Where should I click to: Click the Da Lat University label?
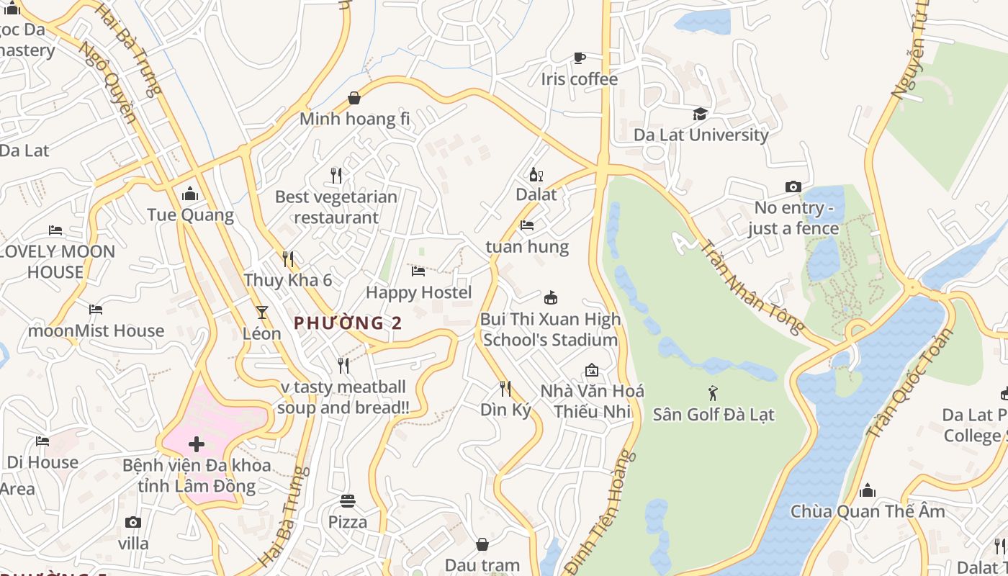click(x=701, y=135)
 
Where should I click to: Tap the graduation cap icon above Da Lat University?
click(x=700, y=114)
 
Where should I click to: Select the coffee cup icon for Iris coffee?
click(x=579, y=58)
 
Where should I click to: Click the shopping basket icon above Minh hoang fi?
click(x=354, y=97)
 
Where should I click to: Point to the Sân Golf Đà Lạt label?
click(x=714, y=414)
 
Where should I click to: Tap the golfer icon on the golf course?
click(x=714, y=393)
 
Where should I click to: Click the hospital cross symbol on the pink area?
click(x=197, y=444)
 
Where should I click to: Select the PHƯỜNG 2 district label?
click(x=348, y=323)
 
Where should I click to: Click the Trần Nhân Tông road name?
click(x=752, y=287)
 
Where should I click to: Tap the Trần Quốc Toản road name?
click(x=908, y=384)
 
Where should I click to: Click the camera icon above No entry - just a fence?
click(x=793, y=187)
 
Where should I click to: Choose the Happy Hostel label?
click(x=419, y=292)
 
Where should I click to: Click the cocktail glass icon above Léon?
click(x=261, y=312)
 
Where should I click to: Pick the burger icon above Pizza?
click(x=348, y=500)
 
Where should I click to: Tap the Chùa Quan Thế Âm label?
click(x=868, y=511)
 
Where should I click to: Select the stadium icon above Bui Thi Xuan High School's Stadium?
click(x=551, y=297)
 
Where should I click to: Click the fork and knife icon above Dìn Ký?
click(x=505, y=389)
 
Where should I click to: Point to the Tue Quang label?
click(x=191, y=215)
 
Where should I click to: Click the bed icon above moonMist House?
click(x=96, y=310)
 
